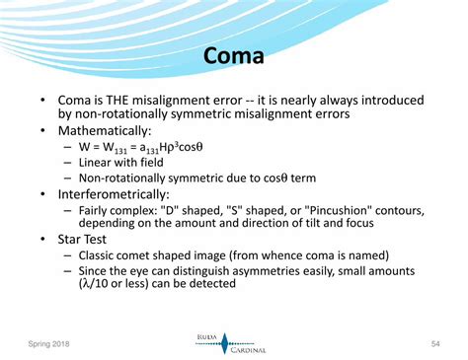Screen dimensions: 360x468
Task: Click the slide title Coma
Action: (x=234, y=56)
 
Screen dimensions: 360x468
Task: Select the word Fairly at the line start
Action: (x=95, y=210)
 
